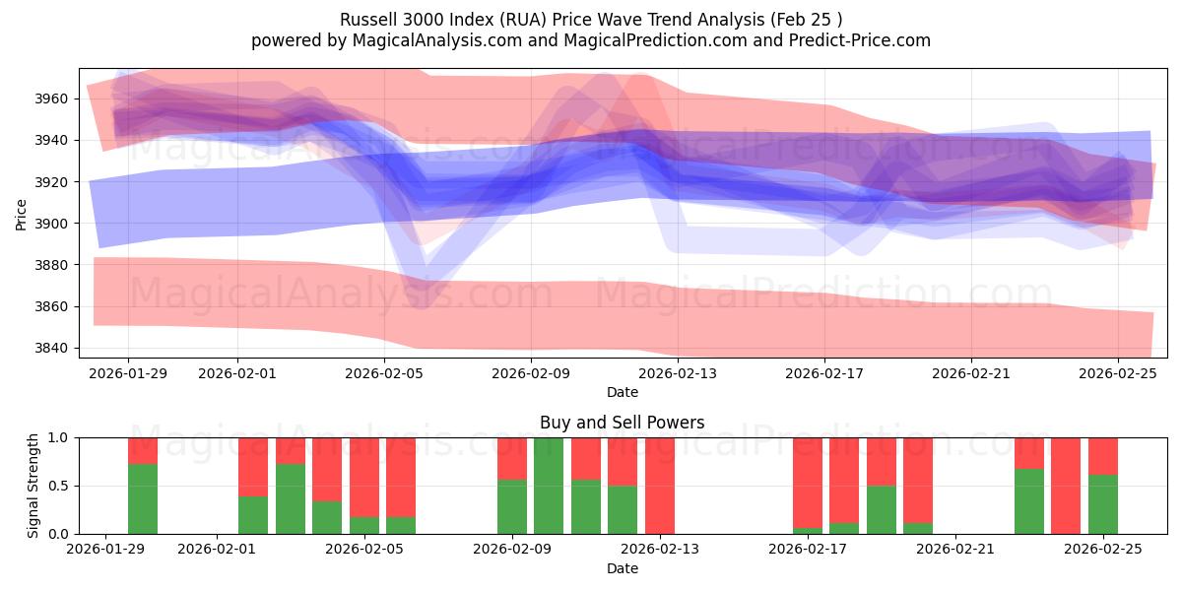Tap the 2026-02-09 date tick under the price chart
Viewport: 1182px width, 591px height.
pos(531,373)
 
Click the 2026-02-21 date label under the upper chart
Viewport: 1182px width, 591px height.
pos(971,373)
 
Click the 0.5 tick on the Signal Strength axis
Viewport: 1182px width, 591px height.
pos(60,486)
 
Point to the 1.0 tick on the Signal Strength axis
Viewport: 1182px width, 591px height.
pos(60,437)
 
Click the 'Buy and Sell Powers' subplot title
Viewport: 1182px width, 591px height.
pos(622,423)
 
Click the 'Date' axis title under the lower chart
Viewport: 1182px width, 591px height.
pos(622,568)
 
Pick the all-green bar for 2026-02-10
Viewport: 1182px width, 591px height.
pos(549,486)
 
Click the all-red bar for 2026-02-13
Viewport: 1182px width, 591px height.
pos(660,486)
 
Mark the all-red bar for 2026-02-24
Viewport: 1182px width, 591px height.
pos(1066,486)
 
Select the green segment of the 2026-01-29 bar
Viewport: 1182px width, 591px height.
pos(143,499)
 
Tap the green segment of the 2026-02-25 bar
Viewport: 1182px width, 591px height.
pos(1103,504)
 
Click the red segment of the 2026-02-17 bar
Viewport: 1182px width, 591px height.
pos(808,482)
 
